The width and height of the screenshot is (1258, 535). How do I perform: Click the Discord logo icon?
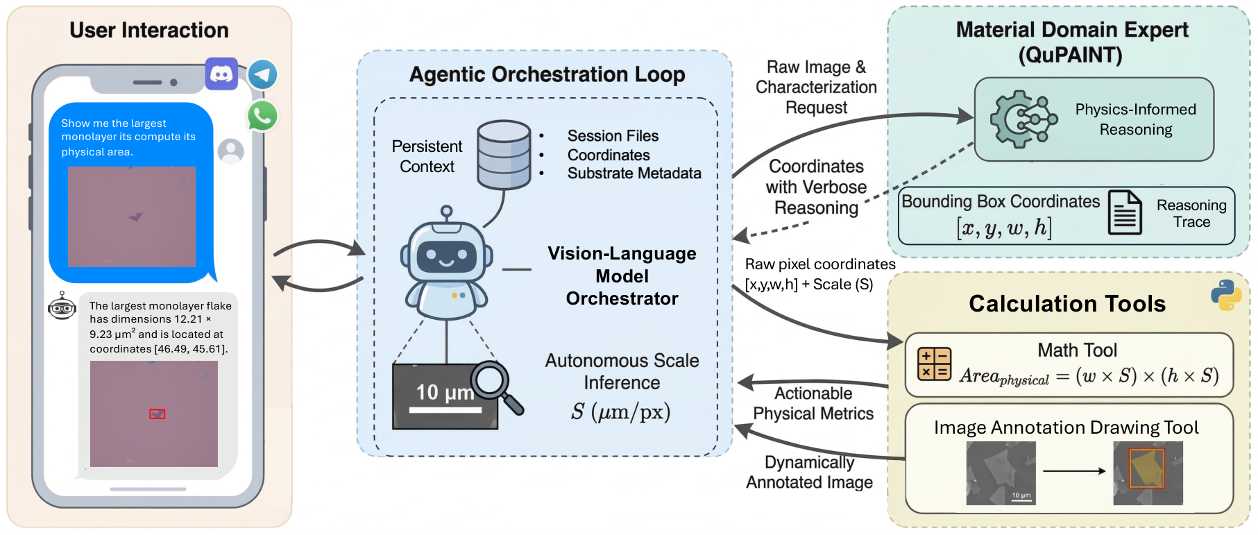coord(221,74)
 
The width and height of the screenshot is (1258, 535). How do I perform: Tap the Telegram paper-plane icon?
coord(263,74)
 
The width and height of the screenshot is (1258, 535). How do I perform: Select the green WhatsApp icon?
coord(262,115)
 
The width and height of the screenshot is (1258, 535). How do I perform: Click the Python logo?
coord(1226,295)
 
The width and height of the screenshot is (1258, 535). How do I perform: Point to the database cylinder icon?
coord(504,155)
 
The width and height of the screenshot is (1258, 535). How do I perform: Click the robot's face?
coord(446,257)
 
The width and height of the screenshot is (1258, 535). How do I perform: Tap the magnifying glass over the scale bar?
coord(495,384)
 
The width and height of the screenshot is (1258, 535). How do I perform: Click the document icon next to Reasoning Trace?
coord(1125,212)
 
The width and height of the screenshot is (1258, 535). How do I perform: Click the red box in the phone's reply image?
coord(158,414)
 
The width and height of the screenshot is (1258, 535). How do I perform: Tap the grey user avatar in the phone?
coord(230,151)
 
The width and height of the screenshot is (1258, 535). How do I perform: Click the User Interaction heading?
coord(149,31)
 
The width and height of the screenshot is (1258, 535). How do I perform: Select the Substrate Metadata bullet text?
coord(634,173)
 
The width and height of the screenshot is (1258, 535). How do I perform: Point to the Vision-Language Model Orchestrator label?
coord(622,276)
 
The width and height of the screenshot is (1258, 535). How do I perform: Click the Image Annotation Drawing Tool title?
coord(1066,427)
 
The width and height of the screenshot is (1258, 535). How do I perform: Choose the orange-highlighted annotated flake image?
coord(1148,473)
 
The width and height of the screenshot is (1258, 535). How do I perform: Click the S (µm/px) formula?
coord(621,412)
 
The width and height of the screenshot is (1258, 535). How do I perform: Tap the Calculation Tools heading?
coord(1067,304)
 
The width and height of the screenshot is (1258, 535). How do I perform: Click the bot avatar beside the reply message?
coord(62,306)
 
